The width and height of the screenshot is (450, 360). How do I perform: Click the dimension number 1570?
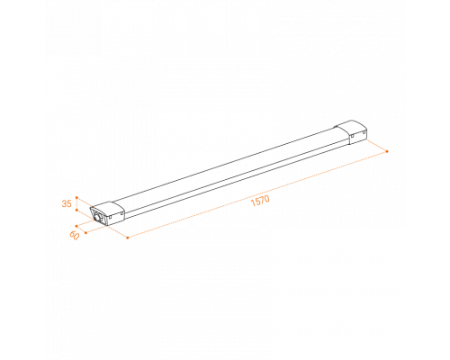point(260,201)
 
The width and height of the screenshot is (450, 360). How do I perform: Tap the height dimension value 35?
point(67,203)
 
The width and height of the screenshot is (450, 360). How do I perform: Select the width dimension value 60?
point(75,236)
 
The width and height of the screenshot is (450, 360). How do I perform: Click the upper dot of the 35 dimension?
point(76,198)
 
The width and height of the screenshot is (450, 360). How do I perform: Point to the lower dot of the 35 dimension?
point(76,211)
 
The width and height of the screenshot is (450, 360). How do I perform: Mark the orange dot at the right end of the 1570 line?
point(387,151)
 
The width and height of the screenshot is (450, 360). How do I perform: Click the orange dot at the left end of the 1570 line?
point(128,238)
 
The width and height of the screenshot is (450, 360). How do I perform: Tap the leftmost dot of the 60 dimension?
point(76,226)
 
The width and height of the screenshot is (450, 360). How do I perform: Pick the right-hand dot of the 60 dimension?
point(85,233)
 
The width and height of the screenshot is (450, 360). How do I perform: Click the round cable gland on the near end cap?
point(98,218)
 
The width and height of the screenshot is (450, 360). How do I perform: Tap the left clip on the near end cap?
point(111,216)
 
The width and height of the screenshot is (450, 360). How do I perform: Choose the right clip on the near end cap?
point(122,212)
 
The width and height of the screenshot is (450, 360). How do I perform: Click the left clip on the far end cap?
point(352,136)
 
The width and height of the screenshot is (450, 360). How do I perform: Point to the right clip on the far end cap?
point(364,131)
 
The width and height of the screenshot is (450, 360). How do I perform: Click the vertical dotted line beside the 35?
point(76,204)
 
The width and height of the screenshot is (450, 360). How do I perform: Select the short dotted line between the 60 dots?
point(81,229)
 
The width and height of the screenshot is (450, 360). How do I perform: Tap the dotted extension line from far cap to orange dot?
point(377,146)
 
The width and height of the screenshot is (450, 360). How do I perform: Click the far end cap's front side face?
point(358,137)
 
